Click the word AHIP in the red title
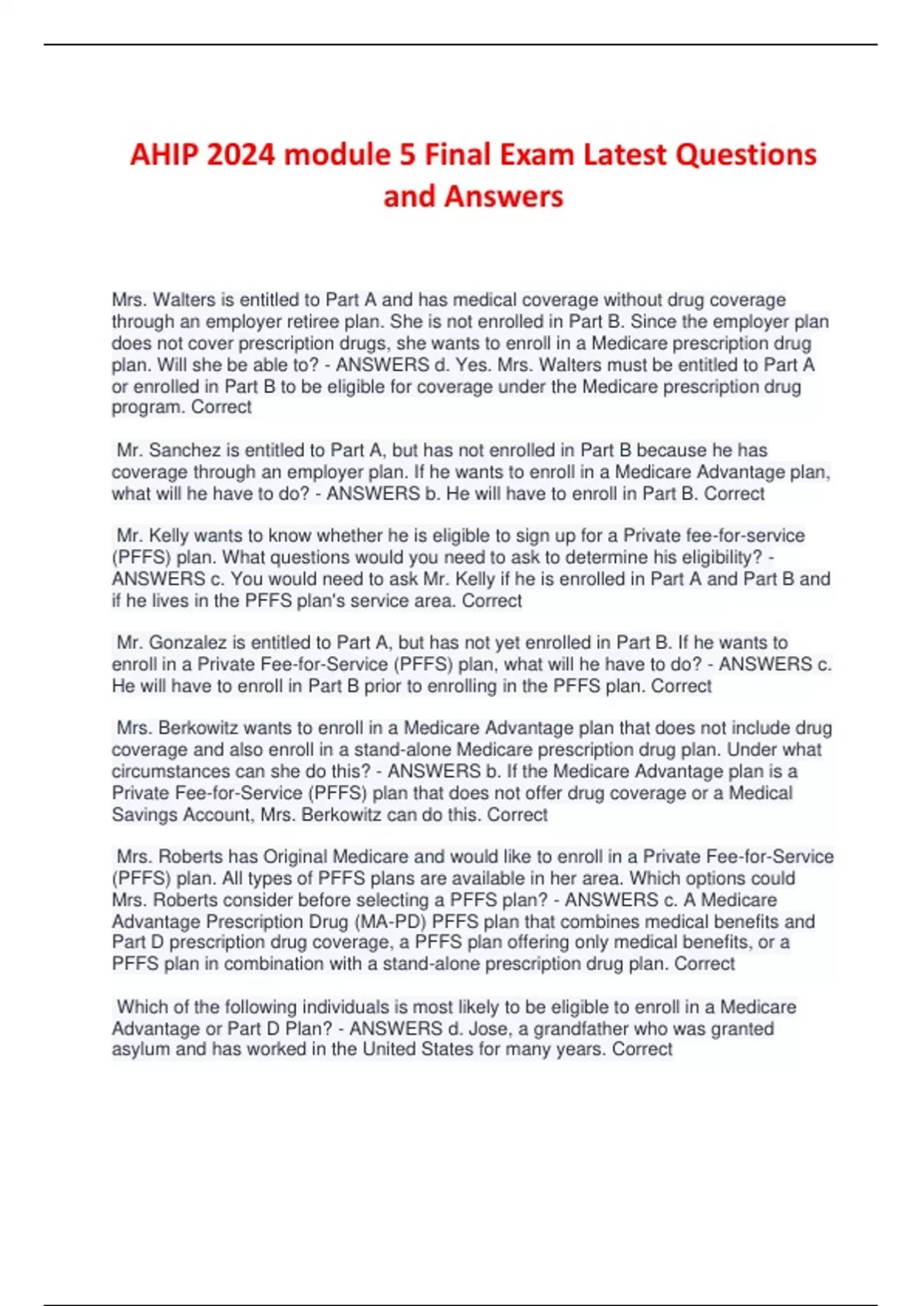point(164,154)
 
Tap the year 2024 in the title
point(240,154)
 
